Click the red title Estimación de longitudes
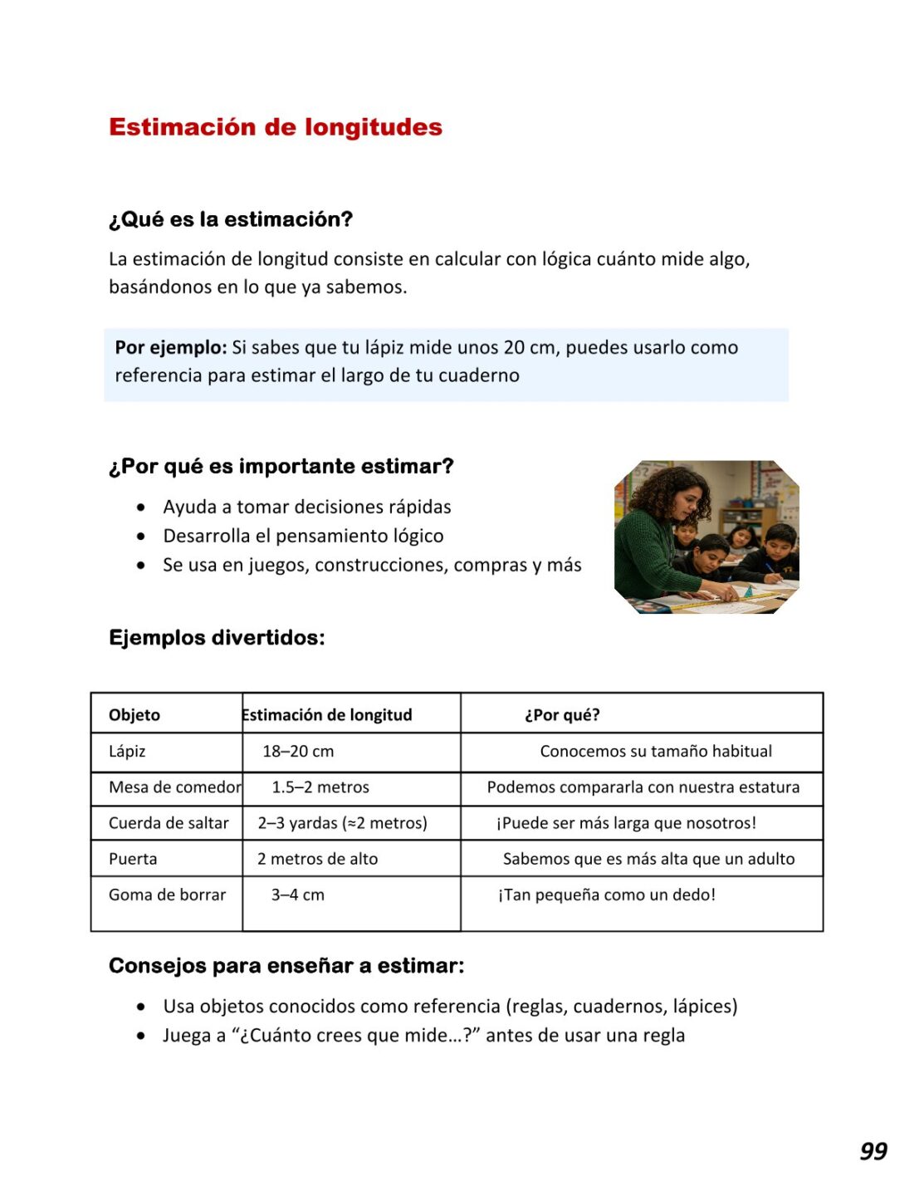click(x=275, y=127)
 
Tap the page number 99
click(x=873, y=1151)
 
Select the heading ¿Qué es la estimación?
click(x=231, y=219)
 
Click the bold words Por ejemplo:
click(x=170, y=347)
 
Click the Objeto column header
click(x=134, y=715)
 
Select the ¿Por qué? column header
click(x=562, y=715)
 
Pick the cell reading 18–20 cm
click(x=298, y=752)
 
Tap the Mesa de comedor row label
click(x=174, y=787)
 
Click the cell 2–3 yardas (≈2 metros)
click(x=342, y=823)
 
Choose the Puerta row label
click(x=133, y=859)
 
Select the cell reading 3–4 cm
click(x=297, y=895)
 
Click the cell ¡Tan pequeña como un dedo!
click(x=606, y=895)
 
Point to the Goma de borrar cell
click(x=167, y=895)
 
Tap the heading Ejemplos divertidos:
click(x=217, y=638)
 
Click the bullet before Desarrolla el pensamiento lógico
click(x=142, y=537)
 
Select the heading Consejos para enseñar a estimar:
click(x=286, y=966)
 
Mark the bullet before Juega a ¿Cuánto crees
click(x=142, y=1036)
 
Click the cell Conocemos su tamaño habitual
click(x=656, y=752)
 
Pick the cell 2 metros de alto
click(x=317, y=859)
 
